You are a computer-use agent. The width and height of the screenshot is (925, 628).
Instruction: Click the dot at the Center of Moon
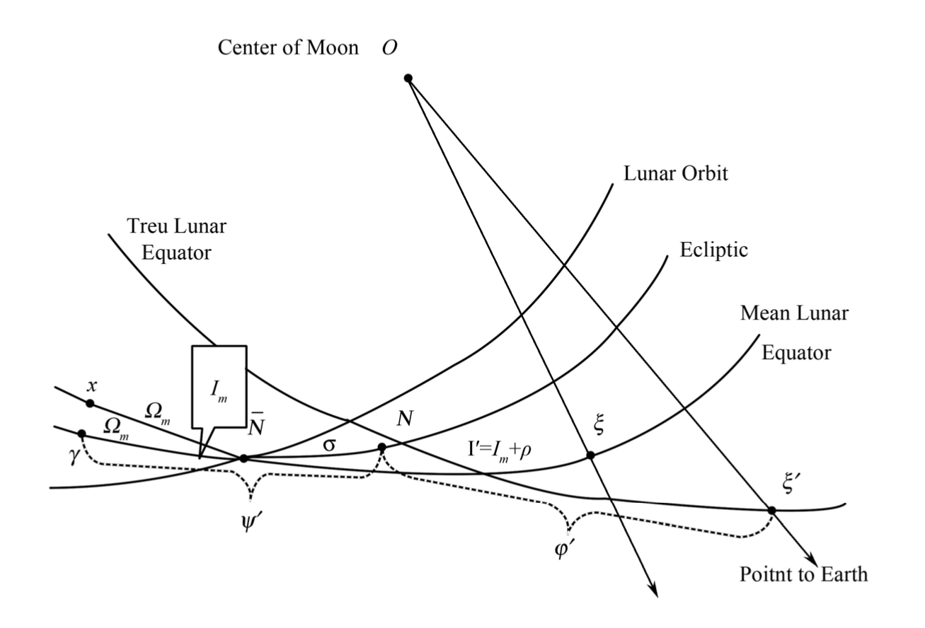pyautogui.click(x=408, y=78)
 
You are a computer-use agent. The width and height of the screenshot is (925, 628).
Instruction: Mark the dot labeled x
pyautogui.click(x=90, y=403)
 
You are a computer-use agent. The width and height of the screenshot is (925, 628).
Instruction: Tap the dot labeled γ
pyautogui.click(x=81, y=433)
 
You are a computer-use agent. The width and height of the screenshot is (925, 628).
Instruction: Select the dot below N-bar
pyautogui.click(x=244, y=458)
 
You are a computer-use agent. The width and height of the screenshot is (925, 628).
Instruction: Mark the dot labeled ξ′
pyautogui.click(x=771, y=510)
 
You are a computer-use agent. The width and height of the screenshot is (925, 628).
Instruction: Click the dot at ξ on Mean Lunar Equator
pyautogui.click(x=590, y=455)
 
